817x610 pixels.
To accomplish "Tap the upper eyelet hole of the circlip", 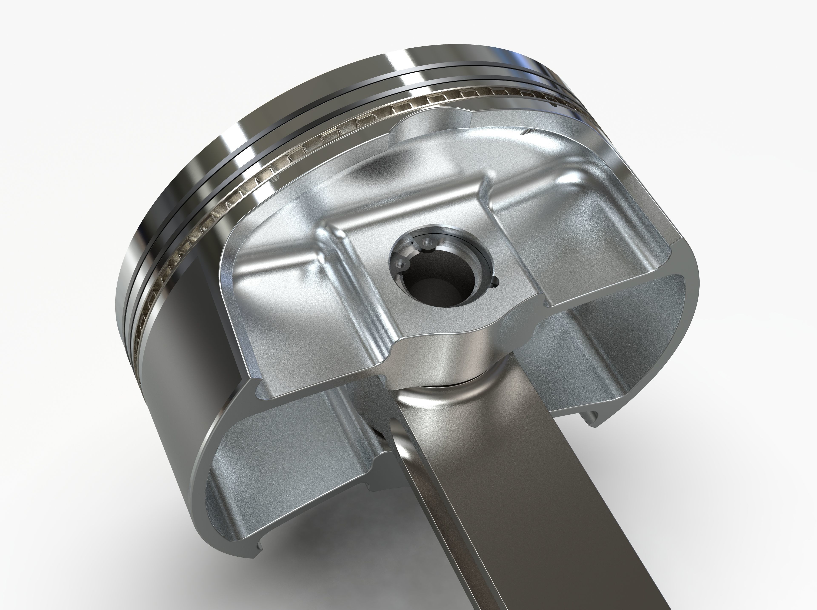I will pyautogui.click(x=427, y=242).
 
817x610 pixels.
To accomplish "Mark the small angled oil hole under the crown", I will pyautogui.click(x=526, y=132).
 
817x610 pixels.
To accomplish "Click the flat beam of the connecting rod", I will pyautogui.click(x=517, y=498).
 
